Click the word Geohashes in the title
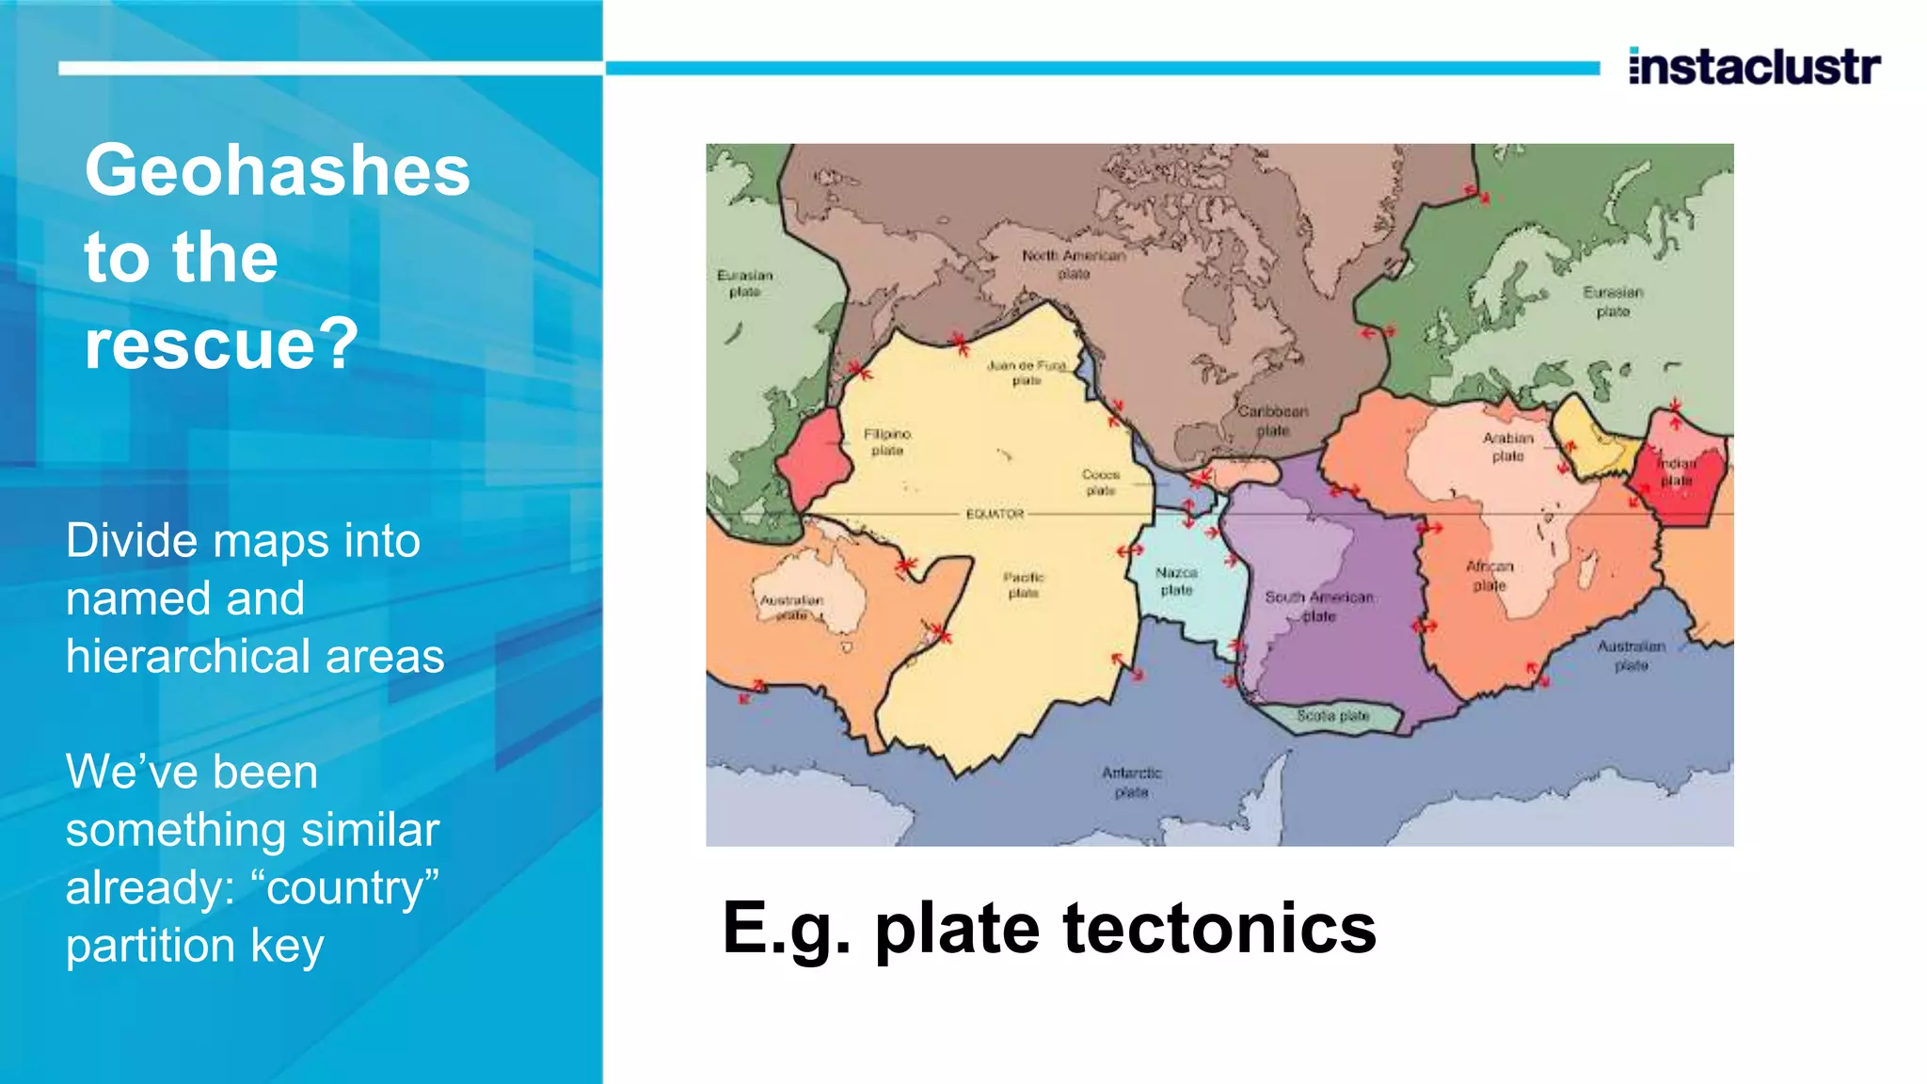click(278, 170)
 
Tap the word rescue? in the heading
click(222, 343)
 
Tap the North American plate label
click(1074, 264)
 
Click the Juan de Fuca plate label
click(1027, 373)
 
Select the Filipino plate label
click(887, 442)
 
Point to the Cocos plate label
click(1101, 483)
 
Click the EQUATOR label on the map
click(995, 514)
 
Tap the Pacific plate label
click(1023, 584)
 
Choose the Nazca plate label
click(1176, 581)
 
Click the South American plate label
click(1319, 606)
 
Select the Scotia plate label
click(1333, 716)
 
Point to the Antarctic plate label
click(1132, 782)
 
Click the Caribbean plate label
click(1273, 421)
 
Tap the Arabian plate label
click(1508, 447)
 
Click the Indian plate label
click(1677, 471)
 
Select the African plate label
click(1489, 575)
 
